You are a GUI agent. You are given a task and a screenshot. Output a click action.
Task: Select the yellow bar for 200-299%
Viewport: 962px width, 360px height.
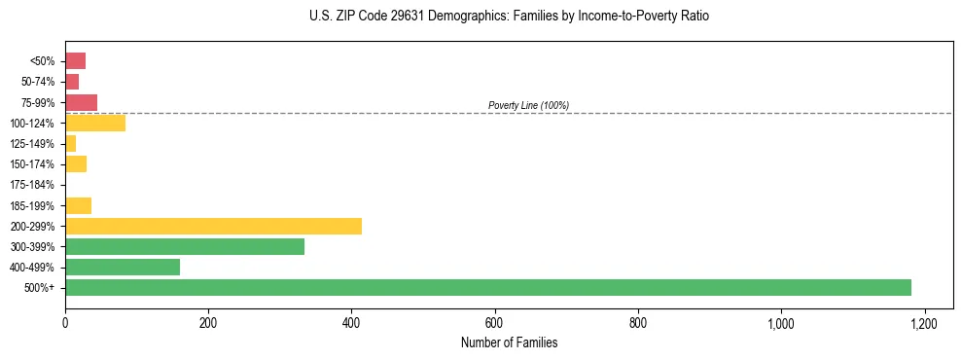pos(213,226)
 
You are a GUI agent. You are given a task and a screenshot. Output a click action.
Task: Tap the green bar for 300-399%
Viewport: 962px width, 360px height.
pos(185,246)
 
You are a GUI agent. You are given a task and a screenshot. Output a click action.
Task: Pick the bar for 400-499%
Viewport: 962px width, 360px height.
pos(123,267)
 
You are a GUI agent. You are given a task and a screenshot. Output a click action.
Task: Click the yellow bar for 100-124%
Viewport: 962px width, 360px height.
pos(95,123)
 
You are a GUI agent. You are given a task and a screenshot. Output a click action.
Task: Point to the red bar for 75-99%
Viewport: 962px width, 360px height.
pos(81,102)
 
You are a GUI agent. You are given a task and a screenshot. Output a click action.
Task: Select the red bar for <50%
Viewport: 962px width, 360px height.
pos(75,61)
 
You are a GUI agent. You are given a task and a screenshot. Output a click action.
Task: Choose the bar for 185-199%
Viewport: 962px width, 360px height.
pos(78,205)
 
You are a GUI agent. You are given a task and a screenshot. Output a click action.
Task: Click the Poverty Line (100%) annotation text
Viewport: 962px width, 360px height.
pos(528,105)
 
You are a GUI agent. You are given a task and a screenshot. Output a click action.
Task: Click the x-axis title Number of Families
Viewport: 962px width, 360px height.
pos(509,342)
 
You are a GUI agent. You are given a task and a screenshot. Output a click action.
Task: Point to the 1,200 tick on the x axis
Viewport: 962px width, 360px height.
pos(924,323)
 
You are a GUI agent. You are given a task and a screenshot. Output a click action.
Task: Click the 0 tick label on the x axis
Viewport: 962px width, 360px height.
pos(65,323)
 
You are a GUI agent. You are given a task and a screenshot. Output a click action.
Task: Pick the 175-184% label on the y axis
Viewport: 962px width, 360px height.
pos(33,185)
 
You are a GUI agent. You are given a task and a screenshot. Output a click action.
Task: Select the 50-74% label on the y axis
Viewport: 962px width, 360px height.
pos(36,82)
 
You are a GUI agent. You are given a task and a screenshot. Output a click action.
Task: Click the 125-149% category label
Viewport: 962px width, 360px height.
pos(33,144)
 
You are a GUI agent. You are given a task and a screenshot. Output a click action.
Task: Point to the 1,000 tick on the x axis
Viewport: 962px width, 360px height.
pos(781,323)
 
